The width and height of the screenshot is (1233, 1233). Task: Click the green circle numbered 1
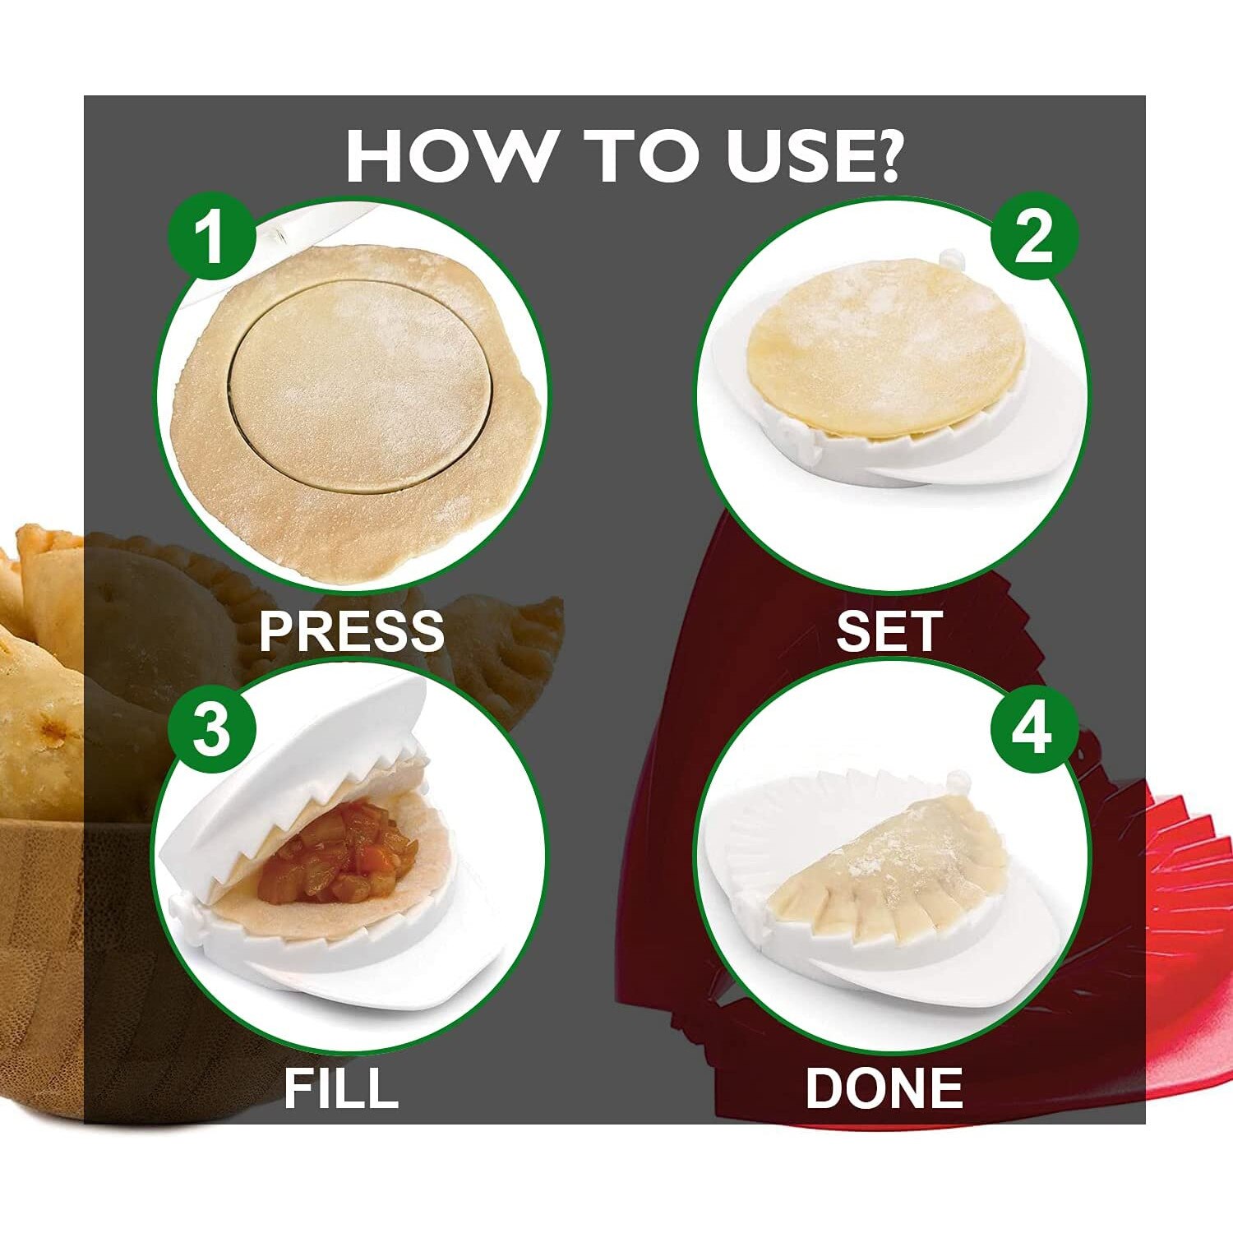(211, 237)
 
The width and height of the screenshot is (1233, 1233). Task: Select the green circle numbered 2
(1034, 237)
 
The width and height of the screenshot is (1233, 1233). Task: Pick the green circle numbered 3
(211, 729)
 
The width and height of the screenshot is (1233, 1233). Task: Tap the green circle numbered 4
(1034, 729)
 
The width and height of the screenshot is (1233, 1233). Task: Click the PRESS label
(352, 630)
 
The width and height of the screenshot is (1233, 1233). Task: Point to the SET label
(888, 630)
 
